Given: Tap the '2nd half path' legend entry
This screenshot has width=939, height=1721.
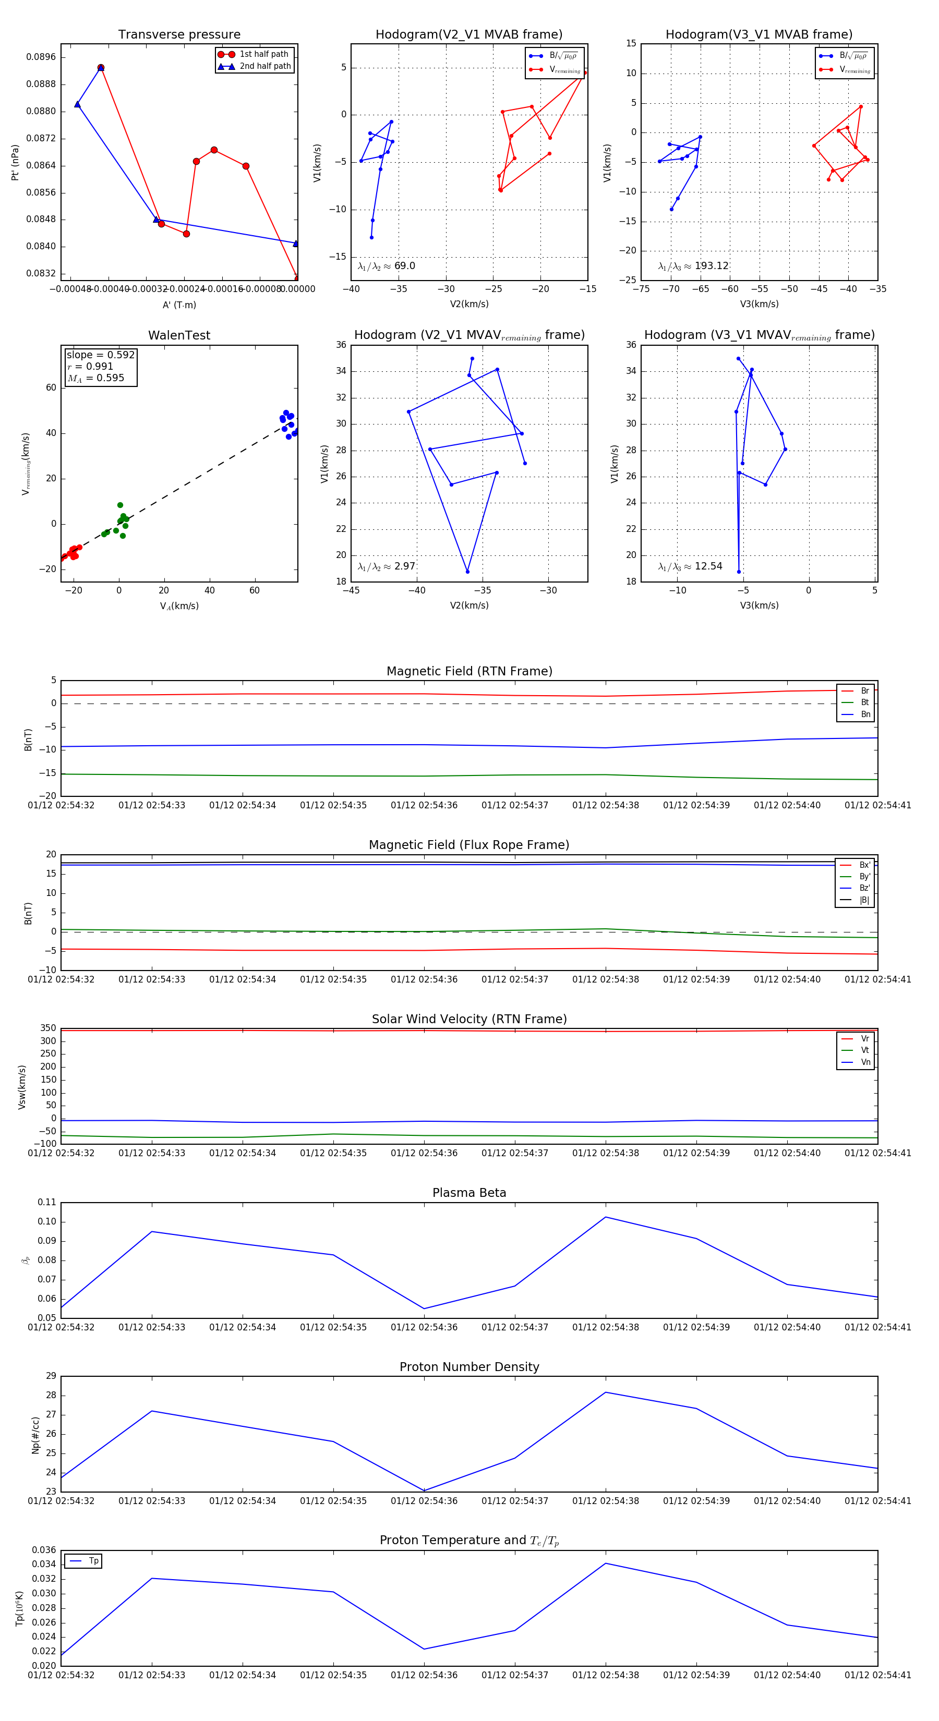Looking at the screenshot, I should click(264, 66).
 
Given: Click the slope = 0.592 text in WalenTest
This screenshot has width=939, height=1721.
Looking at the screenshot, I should click(100, 355).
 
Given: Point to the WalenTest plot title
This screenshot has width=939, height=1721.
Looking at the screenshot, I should click(179, 335).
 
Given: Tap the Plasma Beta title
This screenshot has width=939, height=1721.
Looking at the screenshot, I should click(469, 1193).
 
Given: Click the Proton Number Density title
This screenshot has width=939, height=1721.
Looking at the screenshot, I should click(469, 1366).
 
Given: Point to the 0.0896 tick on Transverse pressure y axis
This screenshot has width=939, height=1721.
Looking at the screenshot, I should click(41, 57).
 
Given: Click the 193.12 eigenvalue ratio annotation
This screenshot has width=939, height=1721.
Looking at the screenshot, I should click(711, 266).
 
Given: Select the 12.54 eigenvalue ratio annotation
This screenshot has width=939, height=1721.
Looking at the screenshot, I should click(708, 566).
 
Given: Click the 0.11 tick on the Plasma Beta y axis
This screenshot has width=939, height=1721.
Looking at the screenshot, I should click(47, 1202).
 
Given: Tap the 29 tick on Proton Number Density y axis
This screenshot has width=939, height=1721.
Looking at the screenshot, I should click(51, 1376).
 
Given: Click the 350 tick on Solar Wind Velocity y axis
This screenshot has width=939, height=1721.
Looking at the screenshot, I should click(48, 1028).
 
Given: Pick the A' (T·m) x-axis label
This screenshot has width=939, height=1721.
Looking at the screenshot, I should click(179, 305).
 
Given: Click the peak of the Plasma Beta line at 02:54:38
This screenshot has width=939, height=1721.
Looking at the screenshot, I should click(606, 1217).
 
